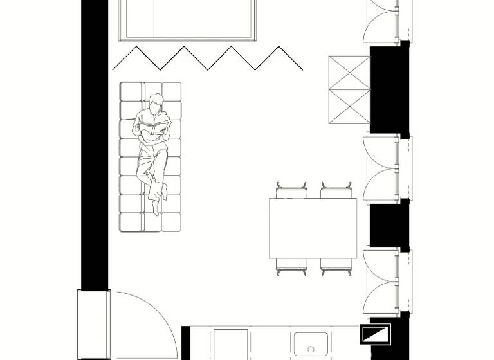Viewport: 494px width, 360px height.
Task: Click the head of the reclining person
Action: pyautogui.click(x=155, y=102)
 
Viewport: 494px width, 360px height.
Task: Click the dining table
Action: pyautogui.click(x=313, y=228)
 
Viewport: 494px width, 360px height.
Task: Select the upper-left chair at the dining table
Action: pyautogui.click(x=291, y=190)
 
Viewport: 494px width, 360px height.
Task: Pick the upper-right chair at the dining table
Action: pyautogui.click(x=336, y=190)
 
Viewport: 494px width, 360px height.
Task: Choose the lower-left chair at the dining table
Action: pyautogui.click(x=291, y=266)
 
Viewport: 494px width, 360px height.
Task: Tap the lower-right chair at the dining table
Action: pyautogui.click(x=336, y=266)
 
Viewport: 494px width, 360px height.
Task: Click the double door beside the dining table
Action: pyautogui.click(x=383, y=168)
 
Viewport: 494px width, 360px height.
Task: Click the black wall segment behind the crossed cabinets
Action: pyautogui.click(x=389, y=89)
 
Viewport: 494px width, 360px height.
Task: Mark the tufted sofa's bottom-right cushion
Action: pyautogui.click(x=171, y=222)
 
